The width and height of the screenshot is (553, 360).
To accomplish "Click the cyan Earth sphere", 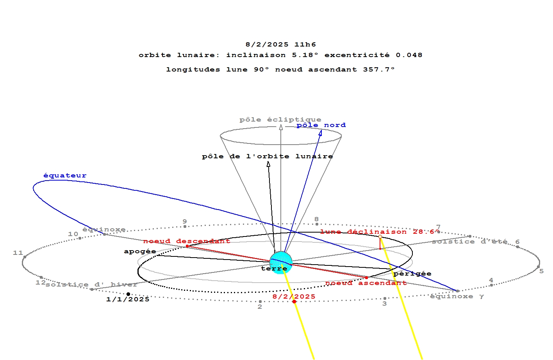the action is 281,262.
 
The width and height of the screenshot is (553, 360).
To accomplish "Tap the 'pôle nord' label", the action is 321,125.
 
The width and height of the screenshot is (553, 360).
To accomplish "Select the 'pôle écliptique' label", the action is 280,120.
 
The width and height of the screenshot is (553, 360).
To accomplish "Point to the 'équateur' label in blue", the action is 65,176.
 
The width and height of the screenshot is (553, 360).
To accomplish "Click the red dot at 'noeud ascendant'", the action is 366,278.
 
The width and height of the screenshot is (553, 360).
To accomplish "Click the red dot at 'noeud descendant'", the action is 187,246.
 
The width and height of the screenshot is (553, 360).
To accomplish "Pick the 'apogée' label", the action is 140,251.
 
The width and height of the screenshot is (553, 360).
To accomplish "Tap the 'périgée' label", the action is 412,274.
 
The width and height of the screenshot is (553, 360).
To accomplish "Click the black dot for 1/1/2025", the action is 128,294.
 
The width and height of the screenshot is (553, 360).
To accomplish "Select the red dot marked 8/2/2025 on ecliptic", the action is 294,301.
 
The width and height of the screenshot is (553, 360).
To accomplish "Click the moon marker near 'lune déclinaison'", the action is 380,236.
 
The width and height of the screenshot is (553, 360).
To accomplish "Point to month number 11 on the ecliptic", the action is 18,253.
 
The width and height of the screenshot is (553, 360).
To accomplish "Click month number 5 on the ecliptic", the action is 541,271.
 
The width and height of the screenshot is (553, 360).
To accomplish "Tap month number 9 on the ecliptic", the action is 185,222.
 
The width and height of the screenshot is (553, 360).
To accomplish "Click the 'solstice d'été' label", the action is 469,242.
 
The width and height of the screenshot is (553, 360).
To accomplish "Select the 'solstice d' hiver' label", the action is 91,285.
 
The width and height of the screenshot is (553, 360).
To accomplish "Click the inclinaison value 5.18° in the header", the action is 305,55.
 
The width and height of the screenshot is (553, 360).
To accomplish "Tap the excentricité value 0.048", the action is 409,55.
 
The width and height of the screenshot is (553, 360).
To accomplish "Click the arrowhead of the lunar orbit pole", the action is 268,165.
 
